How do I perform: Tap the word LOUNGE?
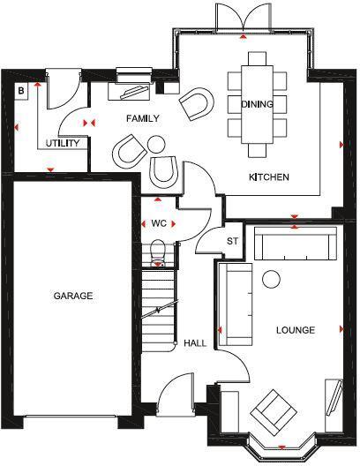[295, 330]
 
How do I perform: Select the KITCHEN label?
[269, 177]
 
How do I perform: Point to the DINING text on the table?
[257, 104]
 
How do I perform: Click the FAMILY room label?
[142, 117]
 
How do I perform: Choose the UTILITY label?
[64, 143]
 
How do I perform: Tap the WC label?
[159, 223]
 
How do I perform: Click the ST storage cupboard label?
[233, 240]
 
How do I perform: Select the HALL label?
[195, 343]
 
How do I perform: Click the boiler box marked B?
[22, 90]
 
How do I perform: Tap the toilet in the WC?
[159, 252]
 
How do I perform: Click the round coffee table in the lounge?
[271, 278]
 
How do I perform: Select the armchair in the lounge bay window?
[274, 410]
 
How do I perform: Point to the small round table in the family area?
[156, 143]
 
